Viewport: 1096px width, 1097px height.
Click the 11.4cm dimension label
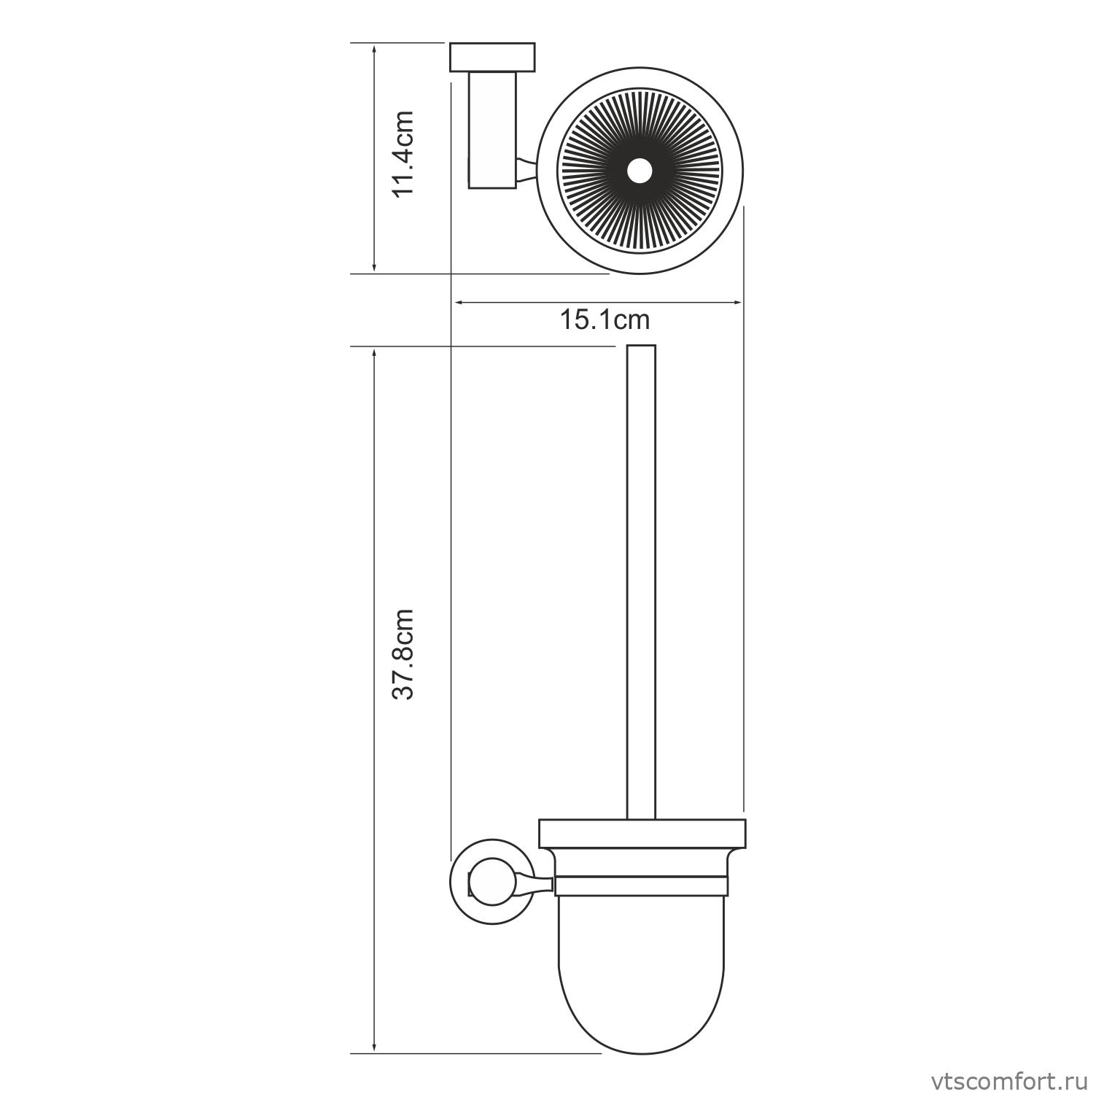click(x=403, y=153)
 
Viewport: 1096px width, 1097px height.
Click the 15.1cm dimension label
click(x=605, y=319)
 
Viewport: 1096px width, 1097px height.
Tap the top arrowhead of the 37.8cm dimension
click(x=374, y=353)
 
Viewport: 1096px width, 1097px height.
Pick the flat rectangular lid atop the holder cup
click(x=642, y=834)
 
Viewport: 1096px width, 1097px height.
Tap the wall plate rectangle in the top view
click(x=492, y=58)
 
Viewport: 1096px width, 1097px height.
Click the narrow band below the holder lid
click(x=641, y=885)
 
